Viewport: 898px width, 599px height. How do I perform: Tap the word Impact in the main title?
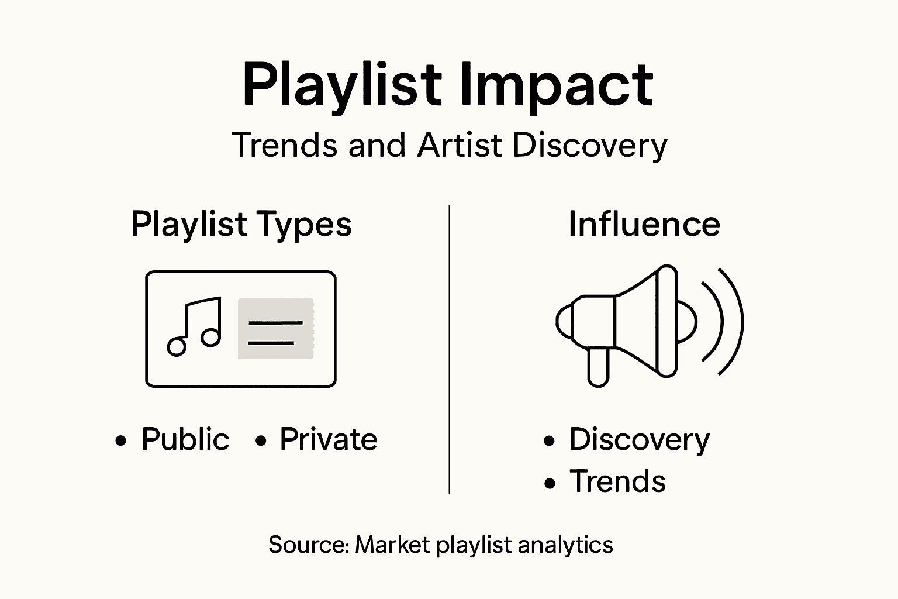(x=555, y=87)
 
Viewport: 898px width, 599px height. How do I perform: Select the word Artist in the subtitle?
(x=460, y=145)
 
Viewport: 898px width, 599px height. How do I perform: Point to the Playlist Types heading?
(x=241, y=225)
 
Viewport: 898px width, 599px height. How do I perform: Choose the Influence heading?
(x=644, y=224)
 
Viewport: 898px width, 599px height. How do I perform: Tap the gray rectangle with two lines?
(x=275, y=329)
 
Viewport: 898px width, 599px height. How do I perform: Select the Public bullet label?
(x=185, y=439)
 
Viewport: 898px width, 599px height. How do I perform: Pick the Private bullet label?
(x=328, y=439)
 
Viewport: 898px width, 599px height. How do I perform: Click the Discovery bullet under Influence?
(x=639, y=440)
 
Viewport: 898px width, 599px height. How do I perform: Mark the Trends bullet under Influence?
(x=617, y=481)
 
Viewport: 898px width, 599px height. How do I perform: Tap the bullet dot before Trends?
(x=550, y=483)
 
